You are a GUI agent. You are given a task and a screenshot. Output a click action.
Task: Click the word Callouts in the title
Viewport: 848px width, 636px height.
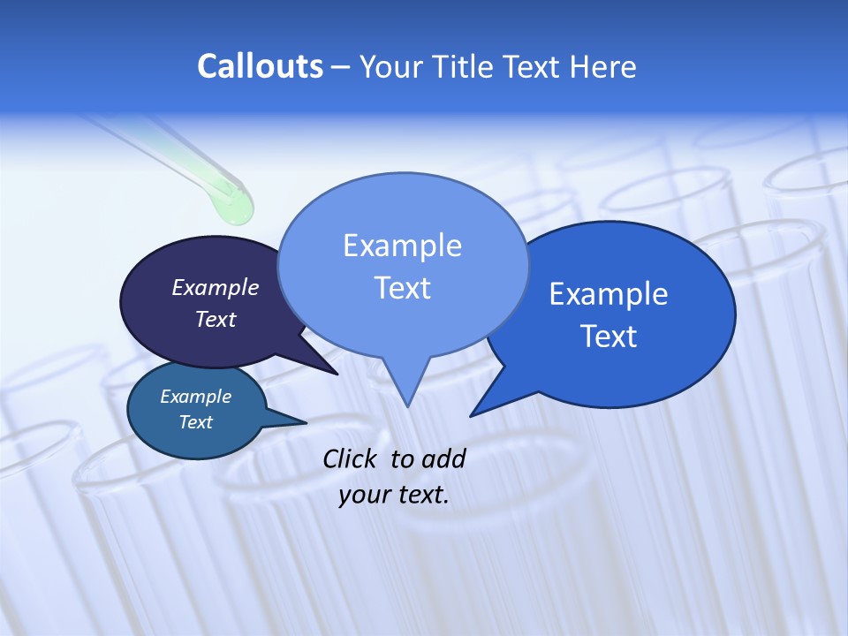[260, 66]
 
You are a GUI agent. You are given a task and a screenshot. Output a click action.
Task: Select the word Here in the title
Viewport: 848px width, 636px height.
[602, 66]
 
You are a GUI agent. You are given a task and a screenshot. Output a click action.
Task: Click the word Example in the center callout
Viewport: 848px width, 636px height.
[402, 246]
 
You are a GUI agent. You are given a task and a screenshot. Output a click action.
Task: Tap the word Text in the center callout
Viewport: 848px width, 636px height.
[402, 288]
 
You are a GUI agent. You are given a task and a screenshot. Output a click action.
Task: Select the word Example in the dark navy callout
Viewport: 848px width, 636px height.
[216, 287]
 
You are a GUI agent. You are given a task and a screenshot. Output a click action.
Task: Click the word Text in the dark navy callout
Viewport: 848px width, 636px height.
[216, 319]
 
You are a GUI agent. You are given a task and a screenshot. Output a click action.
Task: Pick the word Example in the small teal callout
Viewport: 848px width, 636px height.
[195, 397]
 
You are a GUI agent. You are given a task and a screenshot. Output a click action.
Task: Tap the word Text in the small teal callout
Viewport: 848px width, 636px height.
[195, 422]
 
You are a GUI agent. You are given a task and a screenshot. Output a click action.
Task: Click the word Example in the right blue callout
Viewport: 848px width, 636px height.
[608, 294]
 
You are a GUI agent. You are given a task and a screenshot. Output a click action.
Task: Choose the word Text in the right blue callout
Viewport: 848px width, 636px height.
[608, 337]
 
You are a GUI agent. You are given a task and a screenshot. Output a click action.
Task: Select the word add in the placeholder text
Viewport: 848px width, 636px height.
[443, 458]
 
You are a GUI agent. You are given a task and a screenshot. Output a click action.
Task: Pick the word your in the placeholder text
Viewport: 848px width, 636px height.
[364, 495]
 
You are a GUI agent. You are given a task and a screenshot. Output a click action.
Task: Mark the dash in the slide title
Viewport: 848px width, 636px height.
[341, 67]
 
